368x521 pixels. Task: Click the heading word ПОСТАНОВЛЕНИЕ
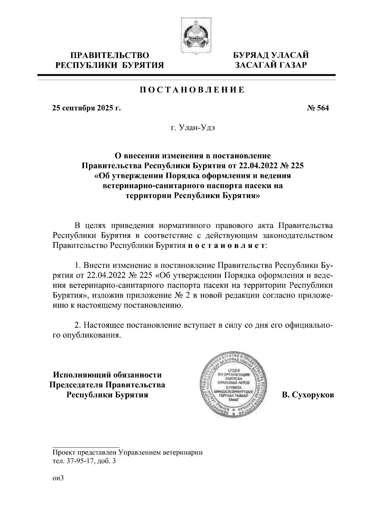pyautogui.click(x=192, y=90)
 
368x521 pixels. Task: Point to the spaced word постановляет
pyautogui.click(x=227, y=246)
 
